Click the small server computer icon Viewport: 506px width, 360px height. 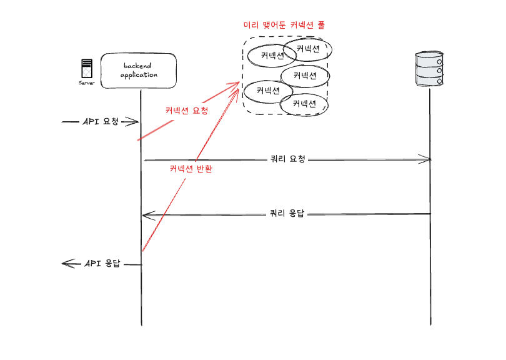[x=86, y=68]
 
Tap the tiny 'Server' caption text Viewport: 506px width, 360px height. [x=86, y=82]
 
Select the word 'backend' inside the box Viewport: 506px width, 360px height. [x=137, y=66]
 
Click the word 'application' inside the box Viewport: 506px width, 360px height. [x=138, y=75]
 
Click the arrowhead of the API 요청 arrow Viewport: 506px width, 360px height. [x=134, y=122]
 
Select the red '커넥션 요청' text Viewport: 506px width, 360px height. [x=186, y=110]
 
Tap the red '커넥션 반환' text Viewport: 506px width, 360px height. [x=191, y=169]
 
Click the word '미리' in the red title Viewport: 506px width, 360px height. [x=250, y=26]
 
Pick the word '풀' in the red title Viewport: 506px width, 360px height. [x=320, y=26]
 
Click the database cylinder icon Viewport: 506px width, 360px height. [x=430, y=69]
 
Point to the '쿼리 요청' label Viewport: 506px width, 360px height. [x=287, y=159]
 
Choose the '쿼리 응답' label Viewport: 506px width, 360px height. [x=287, y=213]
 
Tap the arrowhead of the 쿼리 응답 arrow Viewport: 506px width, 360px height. [x=146, y=216]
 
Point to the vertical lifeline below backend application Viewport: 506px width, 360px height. [x=141, y=294]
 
